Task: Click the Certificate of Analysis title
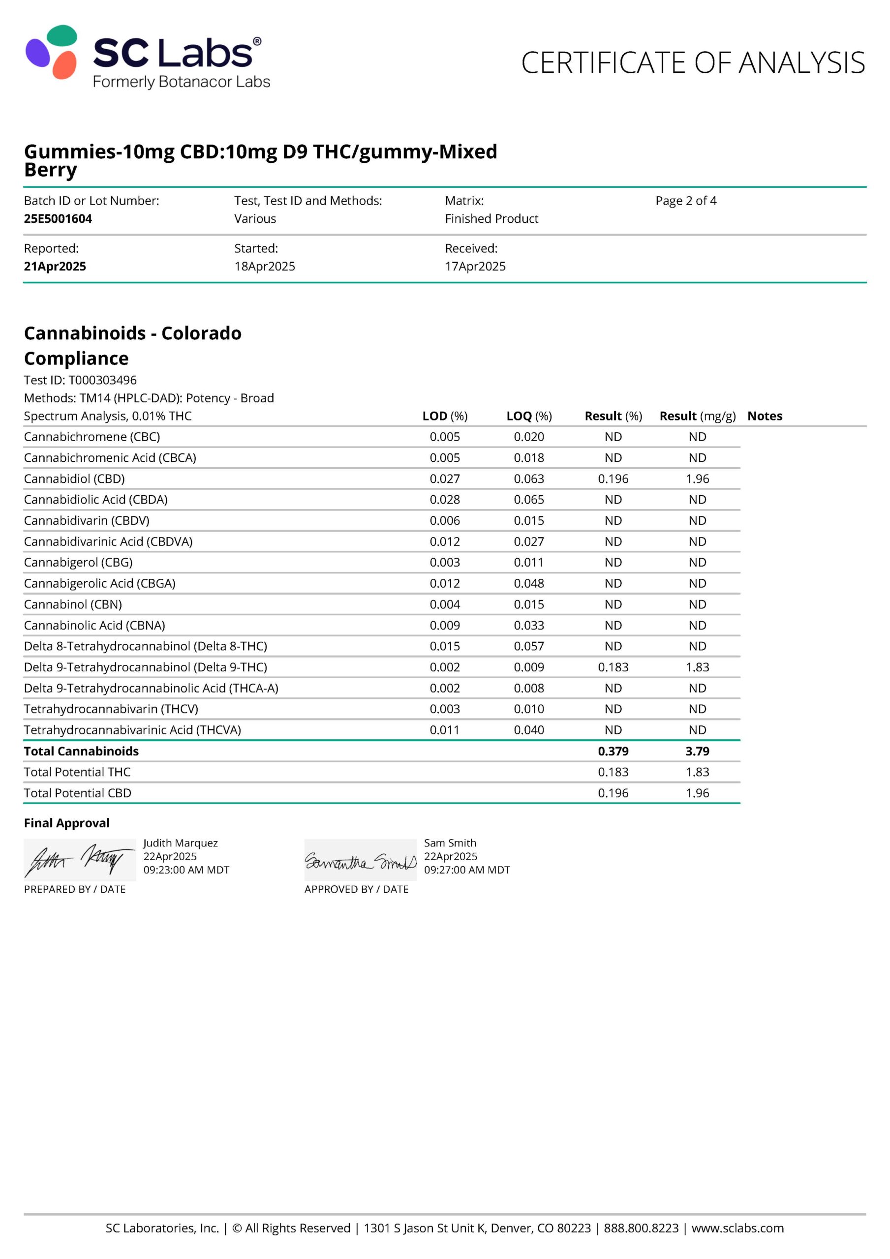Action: tap(692, 62)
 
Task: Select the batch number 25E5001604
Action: tap(58, 218)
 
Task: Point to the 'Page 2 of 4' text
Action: tap(685, 201)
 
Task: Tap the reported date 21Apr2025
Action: tap(55, 266)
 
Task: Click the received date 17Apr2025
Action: tap(475, 266)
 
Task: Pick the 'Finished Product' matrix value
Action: tap(491, 218)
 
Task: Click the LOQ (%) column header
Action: tap(528, 416)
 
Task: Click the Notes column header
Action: tap(765, 416)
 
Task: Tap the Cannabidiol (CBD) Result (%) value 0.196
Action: tap(613, 479)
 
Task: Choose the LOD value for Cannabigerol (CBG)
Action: tap(444, 562)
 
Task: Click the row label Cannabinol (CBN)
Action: tap(73, 604)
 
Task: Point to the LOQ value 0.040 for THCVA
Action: tap(528, 730)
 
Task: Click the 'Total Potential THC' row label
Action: tap(77, 772)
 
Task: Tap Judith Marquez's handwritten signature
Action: tap(80, 859)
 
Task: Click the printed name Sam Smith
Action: tap(450, 843)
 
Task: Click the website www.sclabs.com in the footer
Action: tap(737, 1229)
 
